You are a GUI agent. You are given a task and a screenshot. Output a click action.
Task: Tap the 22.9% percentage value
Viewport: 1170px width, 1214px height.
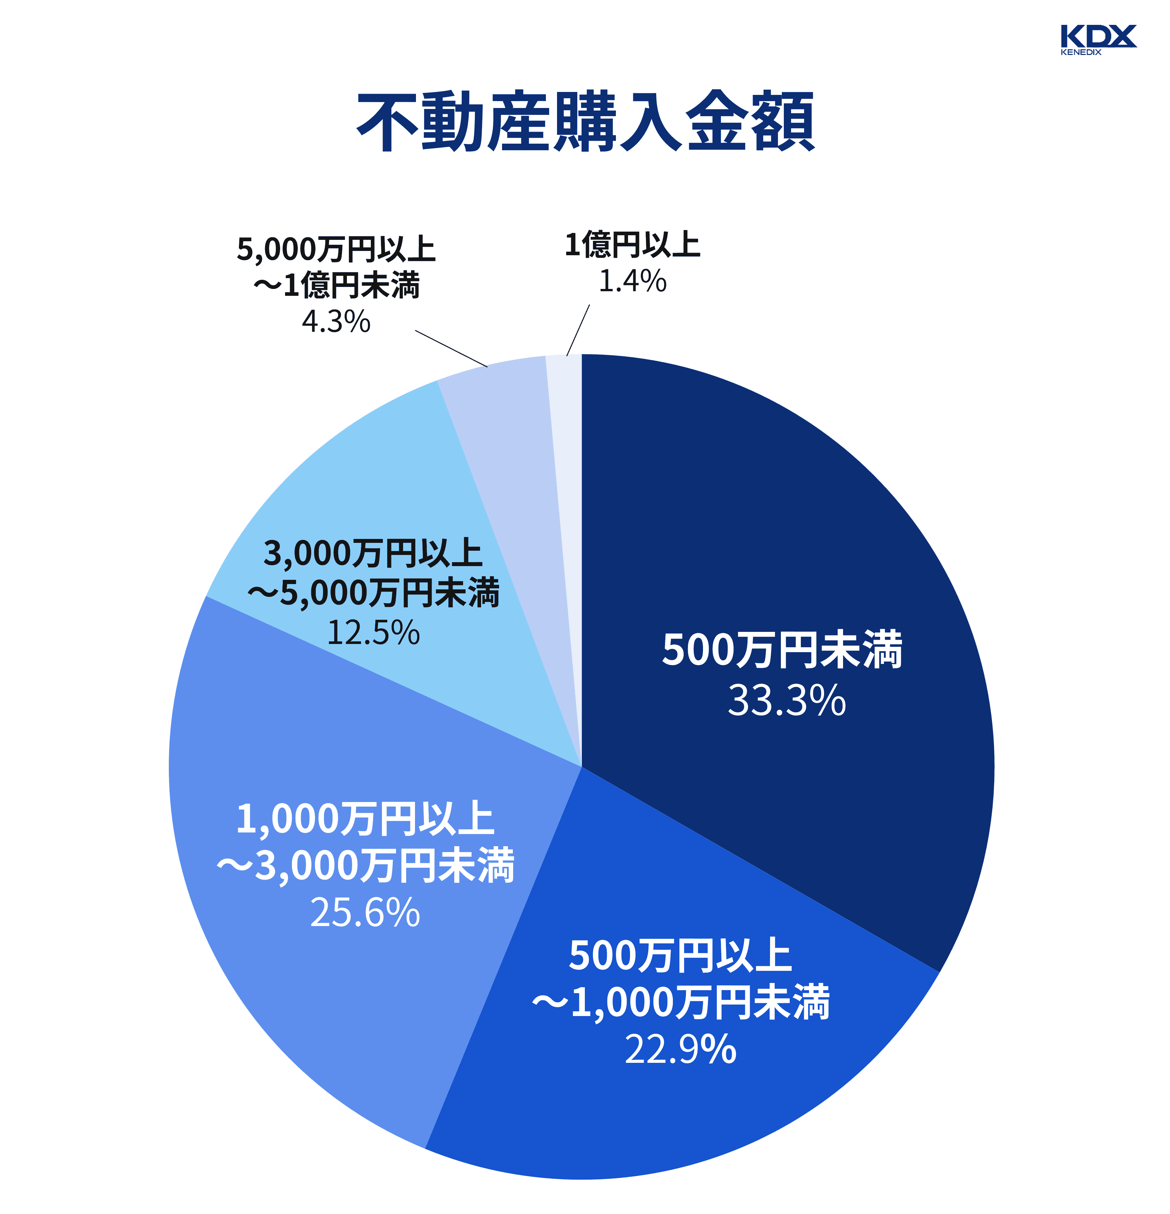[680, 1049]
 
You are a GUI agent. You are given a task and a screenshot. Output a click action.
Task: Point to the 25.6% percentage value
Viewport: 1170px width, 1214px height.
[365, 913]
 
